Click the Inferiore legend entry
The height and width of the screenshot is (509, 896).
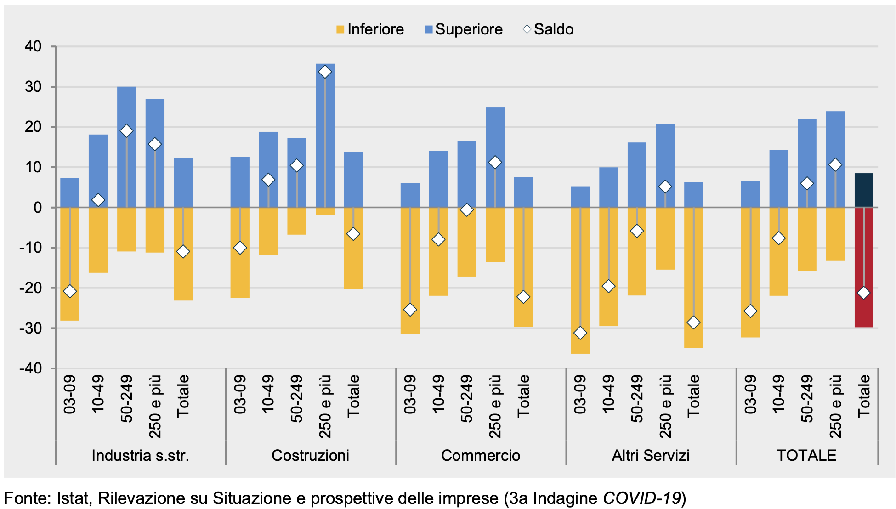370,29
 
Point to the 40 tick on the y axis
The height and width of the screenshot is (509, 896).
33,46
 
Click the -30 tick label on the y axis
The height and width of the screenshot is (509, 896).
30,328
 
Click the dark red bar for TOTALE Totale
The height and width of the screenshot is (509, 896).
863,266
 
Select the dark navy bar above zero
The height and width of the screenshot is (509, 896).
863,190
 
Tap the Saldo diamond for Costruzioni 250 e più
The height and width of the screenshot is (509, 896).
325,72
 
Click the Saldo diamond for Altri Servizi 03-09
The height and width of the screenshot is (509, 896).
580,333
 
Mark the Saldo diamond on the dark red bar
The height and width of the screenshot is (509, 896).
863,293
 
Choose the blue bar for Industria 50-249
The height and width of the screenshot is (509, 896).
126,147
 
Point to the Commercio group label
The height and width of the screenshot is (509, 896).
481,455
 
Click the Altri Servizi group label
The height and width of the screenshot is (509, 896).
651,455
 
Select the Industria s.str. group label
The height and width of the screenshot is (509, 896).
140,455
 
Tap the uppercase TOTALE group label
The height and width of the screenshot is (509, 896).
806,455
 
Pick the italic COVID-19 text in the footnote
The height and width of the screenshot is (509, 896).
641,498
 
